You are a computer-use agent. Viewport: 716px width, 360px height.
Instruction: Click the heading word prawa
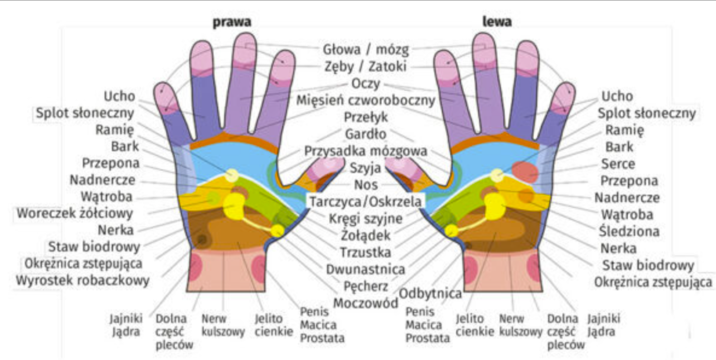click(x=233, y=22)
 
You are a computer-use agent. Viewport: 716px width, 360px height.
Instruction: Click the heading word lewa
click(x=497, y=22)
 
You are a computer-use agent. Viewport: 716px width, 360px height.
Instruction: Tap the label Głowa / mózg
click(x=366, y=49)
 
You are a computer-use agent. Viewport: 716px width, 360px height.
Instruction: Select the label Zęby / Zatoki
click(x=365, y=66)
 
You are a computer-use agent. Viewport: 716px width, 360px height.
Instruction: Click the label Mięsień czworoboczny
click(x=365, y=101)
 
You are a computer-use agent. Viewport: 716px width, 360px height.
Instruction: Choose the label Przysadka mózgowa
click(x=365, y=151)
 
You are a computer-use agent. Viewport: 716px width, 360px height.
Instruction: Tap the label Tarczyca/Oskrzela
click(x=365, y=201)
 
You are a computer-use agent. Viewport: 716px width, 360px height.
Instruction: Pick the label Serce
click(x=618, y=164)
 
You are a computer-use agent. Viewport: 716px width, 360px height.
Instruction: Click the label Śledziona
click(x=629, y=231)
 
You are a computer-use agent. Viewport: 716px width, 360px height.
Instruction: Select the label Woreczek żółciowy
click(x=75, y=213)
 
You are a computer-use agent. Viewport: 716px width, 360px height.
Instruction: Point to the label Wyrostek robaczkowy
click(x=83, y=280)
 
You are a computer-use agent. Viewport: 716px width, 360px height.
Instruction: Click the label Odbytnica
click(x=431, y=293)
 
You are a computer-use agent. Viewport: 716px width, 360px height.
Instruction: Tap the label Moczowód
click(x=365, y=303)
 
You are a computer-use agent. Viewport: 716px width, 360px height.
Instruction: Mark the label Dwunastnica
click(x=365, y=269)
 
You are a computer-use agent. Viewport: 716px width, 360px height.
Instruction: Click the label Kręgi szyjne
click(x=365, y=218)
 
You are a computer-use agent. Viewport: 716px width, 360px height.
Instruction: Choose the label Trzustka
click(x=365, y=252)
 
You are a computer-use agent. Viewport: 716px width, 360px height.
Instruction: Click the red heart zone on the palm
click(x=525, y=171)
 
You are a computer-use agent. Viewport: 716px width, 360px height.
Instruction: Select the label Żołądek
click(x=365, y=235)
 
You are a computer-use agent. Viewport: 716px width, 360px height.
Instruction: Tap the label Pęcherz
click(x=365, y=286)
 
